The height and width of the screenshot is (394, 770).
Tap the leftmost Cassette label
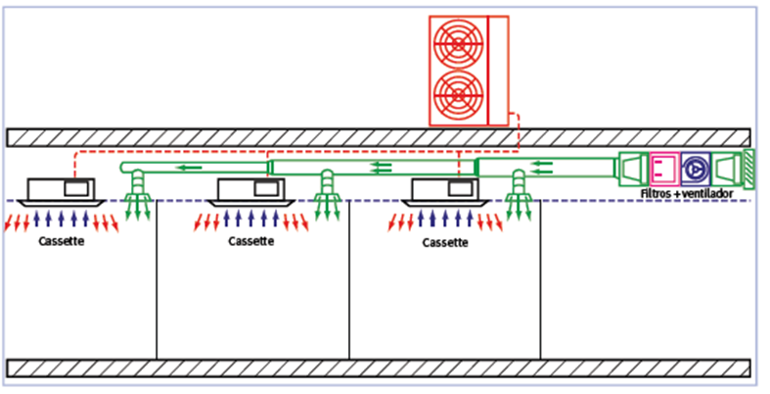(x=62, y=240)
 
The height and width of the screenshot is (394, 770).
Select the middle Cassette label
(x=251, y=240)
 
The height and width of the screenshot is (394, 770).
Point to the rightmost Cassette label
(x=445, y=240)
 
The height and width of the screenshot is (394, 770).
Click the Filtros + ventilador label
(x=686, y=194)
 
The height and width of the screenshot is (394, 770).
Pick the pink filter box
(x=663, y=170)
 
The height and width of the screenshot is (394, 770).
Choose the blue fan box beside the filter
(x=695, y=170)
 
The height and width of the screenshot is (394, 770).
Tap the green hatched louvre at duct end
(x=748, y=169)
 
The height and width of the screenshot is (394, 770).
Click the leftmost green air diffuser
(x=137, y=196)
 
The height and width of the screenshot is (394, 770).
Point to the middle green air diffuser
(x=328, y=196)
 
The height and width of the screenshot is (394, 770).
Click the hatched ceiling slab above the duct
(x=294, y=137)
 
